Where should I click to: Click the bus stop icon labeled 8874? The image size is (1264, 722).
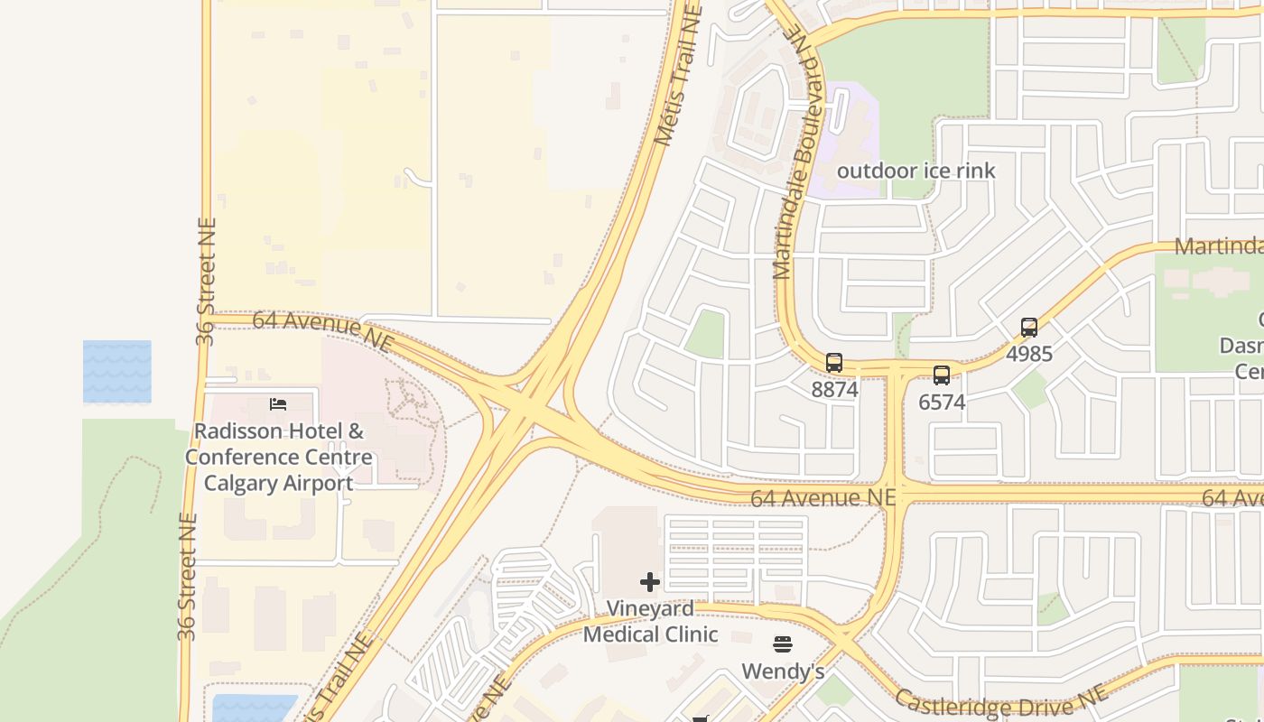point(834,363)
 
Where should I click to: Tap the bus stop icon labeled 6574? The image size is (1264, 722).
point(942,375)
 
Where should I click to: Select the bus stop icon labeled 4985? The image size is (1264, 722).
point(1029,328)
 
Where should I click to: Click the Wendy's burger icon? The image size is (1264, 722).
point(783,644)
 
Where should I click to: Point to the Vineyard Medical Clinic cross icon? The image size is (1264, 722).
point(650,582)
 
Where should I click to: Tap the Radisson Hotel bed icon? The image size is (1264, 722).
point(278,404)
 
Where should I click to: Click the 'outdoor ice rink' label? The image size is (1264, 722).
point(915,171)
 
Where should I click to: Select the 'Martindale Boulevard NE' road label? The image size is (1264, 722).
point(795,153)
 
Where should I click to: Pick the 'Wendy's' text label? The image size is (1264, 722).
point(783,671)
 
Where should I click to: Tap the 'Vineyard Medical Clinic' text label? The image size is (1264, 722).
point(650,622)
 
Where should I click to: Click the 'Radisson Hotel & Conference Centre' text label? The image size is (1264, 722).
point(278,457)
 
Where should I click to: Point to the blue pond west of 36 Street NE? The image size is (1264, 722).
point(116,371)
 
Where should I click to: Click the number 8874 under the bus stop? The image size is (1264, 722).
point(834,390)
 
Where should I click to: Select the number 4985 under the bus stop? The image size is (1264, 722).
point(1029,354)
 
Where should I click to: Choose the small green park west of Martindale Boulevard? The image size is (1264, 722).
point(705,335)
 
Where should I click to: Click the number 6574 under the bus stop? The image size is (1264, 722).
point(942,403)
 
